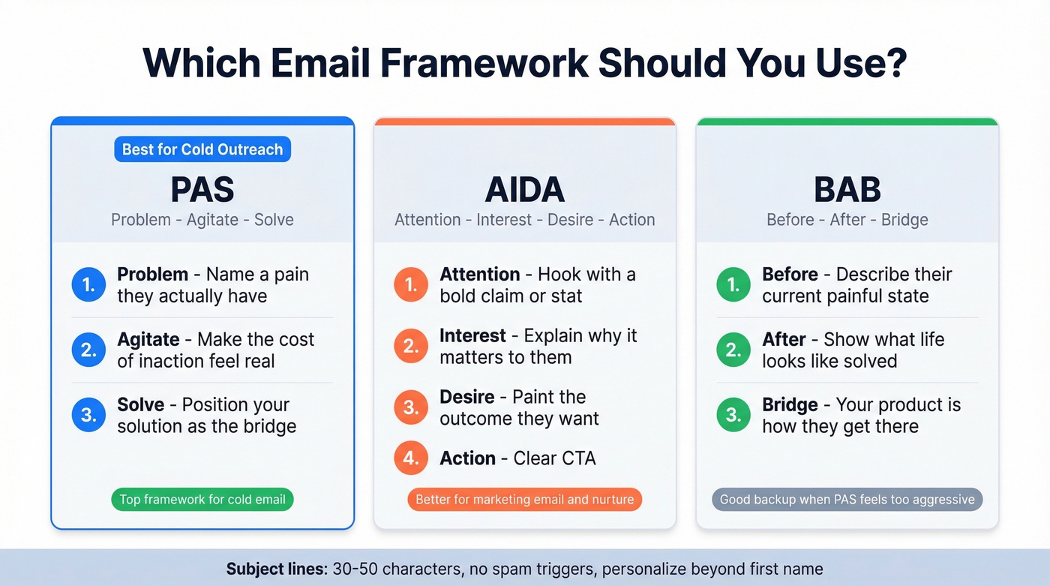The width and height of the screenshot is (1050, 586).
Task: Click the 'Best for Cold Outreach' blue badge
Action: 202,149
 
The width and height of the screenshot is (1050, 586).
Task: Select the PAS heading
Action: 202,190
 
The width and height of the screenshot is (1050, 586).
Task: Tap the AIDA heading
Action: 525,190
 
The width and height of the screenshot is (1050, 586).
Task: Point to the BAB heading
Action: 847,190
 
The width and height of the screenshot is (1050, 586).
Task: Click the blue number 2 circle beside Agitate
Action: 88,350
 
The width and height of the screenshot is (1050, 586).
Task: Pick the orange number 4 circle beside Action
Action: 411,458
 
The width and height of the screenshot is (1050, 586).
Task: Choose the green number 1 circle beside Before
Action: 733,285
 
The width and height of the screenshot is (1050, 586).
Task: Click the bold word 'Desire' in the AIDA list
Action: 467,397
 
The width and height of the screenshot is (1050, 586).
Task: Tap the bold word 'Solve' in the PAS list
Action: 141,404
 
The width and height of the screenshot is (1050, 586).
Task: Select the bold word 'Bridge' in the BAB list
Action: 790,404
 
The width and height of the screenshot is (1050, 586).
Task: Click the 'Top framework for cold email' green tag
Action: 202,500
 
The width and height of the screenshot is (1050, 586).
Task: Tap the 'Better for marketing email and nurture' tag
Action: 525,500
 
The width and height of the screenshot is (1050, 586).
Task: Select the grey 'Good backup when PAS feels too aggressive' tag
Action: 847,500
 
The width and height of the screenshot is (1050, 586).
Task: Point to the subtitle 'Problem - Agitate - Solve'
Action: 202,220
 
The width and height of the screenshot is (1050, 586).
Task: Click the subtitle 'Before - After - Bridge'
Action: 847,220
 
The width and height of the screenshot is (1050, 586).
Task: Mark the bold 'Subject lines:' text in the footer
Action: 276,569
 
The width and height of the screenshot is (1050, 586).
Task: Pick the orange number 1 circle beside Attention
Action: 411,285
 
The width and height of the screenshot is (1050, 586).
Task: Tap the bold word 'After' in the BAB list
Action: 784,339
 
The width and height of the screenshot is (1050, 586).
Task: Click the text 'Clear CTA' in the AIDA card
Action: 554,458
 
